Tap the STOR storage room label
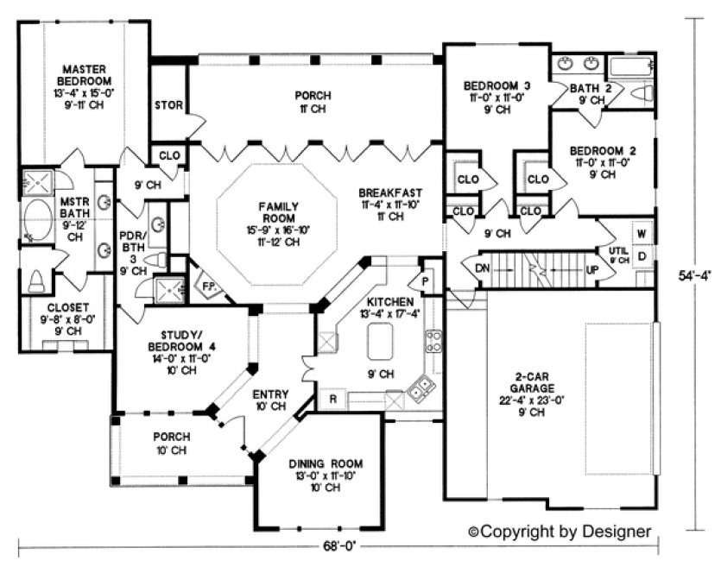pyautogui.click(x=168, y=106)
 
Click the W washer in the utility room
pyautogui.click(x=642, y=234)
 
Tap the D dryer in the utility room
pyautogui.click(x=642, y=256)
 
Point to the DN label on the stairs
pyautogui.click(x=484, y=268)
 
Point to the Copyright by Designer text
pyautogui.click(x=560, y=532)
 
